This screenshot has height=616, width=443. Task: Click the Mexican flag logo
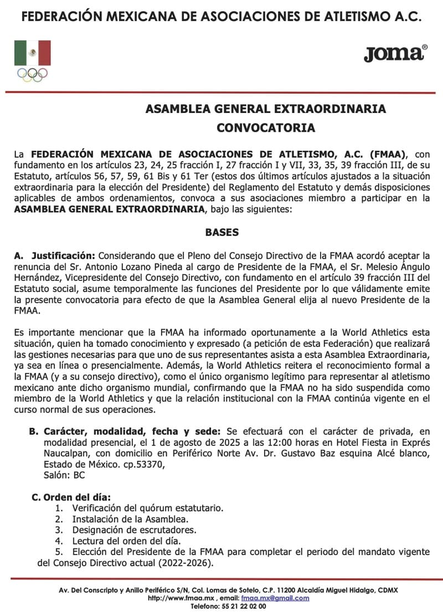click(x=32, y=53)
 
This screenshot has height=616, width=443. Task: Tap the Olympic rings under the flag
click(x=32, y=74)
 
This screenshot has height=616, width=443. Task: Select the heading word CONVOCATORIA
click(x=265, y=128)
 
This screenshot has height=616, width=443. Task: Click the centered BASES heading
click(x=221, y=233)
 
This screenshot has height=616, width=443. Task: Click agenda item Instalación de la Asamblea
click(x=130, y=519)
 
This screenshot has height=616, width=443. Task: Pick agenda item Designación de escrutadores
click(x=134, y=530)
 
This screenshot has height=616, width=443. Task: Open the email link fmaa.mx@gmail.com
click(x=275, y=598)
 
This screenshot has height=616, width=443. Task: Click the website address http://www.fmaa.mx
click(x=179, y=598)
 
